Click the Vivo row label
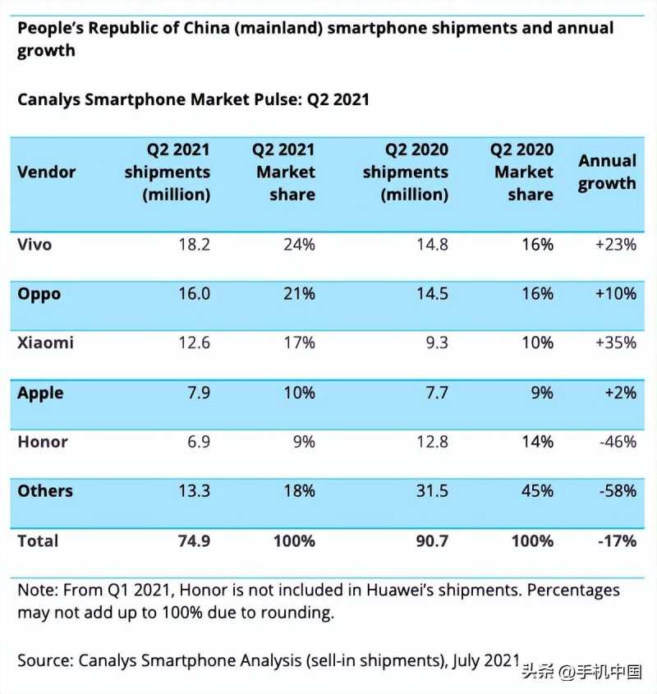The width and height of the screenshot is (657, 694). tap(34, 245)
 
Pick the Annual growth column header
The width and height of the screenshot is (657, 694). tap(607, 172)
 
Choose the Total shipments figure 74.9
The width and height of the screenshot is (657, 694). tap(193, 541)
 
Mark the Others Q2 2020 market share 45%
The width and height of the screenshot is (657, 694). tap(537, 491)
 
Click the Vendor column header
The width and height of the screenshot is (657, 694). tap(46, 172)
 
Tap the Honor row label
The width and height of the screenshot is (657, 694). tap(43, 442)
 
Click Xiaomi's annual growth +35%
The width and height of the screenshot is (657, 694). tap(616, 343)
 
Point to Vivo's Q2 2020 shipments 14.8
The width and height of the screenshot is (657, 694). tap(430, 245)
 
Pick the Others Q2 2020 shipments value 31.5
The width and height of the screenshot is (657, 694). tap(430, 491)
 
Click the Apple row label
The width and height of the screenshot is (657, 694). tap(40, 393)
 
